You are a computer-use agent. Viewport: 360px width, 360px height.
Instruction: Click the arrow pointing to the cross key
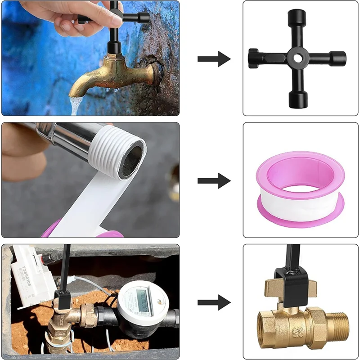pyautogui.click(x=214, y=58)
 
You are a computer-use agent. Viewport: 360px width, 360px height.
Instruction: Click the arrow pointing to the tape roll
pyautogui.click(x=214, y=180)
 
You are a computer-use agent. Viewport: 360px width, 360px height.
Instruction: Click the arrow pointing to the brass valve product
pyautogui.click(x=214, y=303)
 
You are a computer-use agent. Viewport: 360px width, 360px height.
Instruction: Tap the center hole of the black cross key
pyautogui.click(x=298, y=58)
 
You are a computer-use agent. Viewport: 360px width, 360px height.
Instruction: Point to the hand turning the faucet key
pyautogui.click(x=67, y=18)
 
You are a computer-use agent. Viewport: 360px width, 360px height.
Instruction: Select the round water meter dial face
pyautogui.click(x=139, y=301)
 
